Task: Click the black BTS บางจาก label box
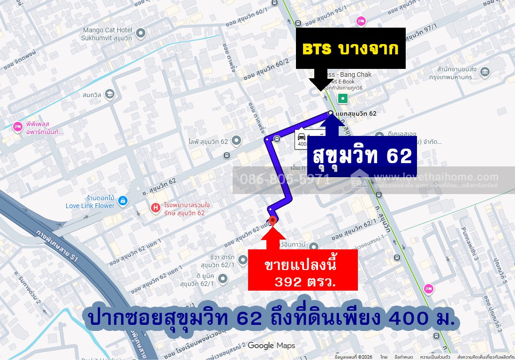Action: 350,48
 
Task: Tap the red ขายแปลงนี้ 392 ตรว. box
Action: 303,270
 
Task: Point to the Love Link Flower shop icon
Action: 122,201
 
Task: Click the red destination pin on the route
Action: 273,220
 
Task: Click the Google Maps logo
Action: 272,345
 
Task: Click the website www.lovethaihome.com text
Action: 436,177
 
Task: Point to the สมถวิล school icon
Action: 109,94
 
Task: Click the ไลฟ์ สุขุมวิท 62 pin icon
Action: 236,140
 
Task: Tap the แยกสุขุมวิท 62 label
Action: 356,113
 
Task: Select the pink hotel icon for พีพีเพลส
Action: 18,127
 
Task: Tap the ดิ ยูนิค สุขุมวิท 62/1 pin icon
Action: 223,279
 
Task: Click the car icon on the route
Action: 302,136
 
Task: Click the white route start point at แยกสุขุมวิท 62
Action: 331,113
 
